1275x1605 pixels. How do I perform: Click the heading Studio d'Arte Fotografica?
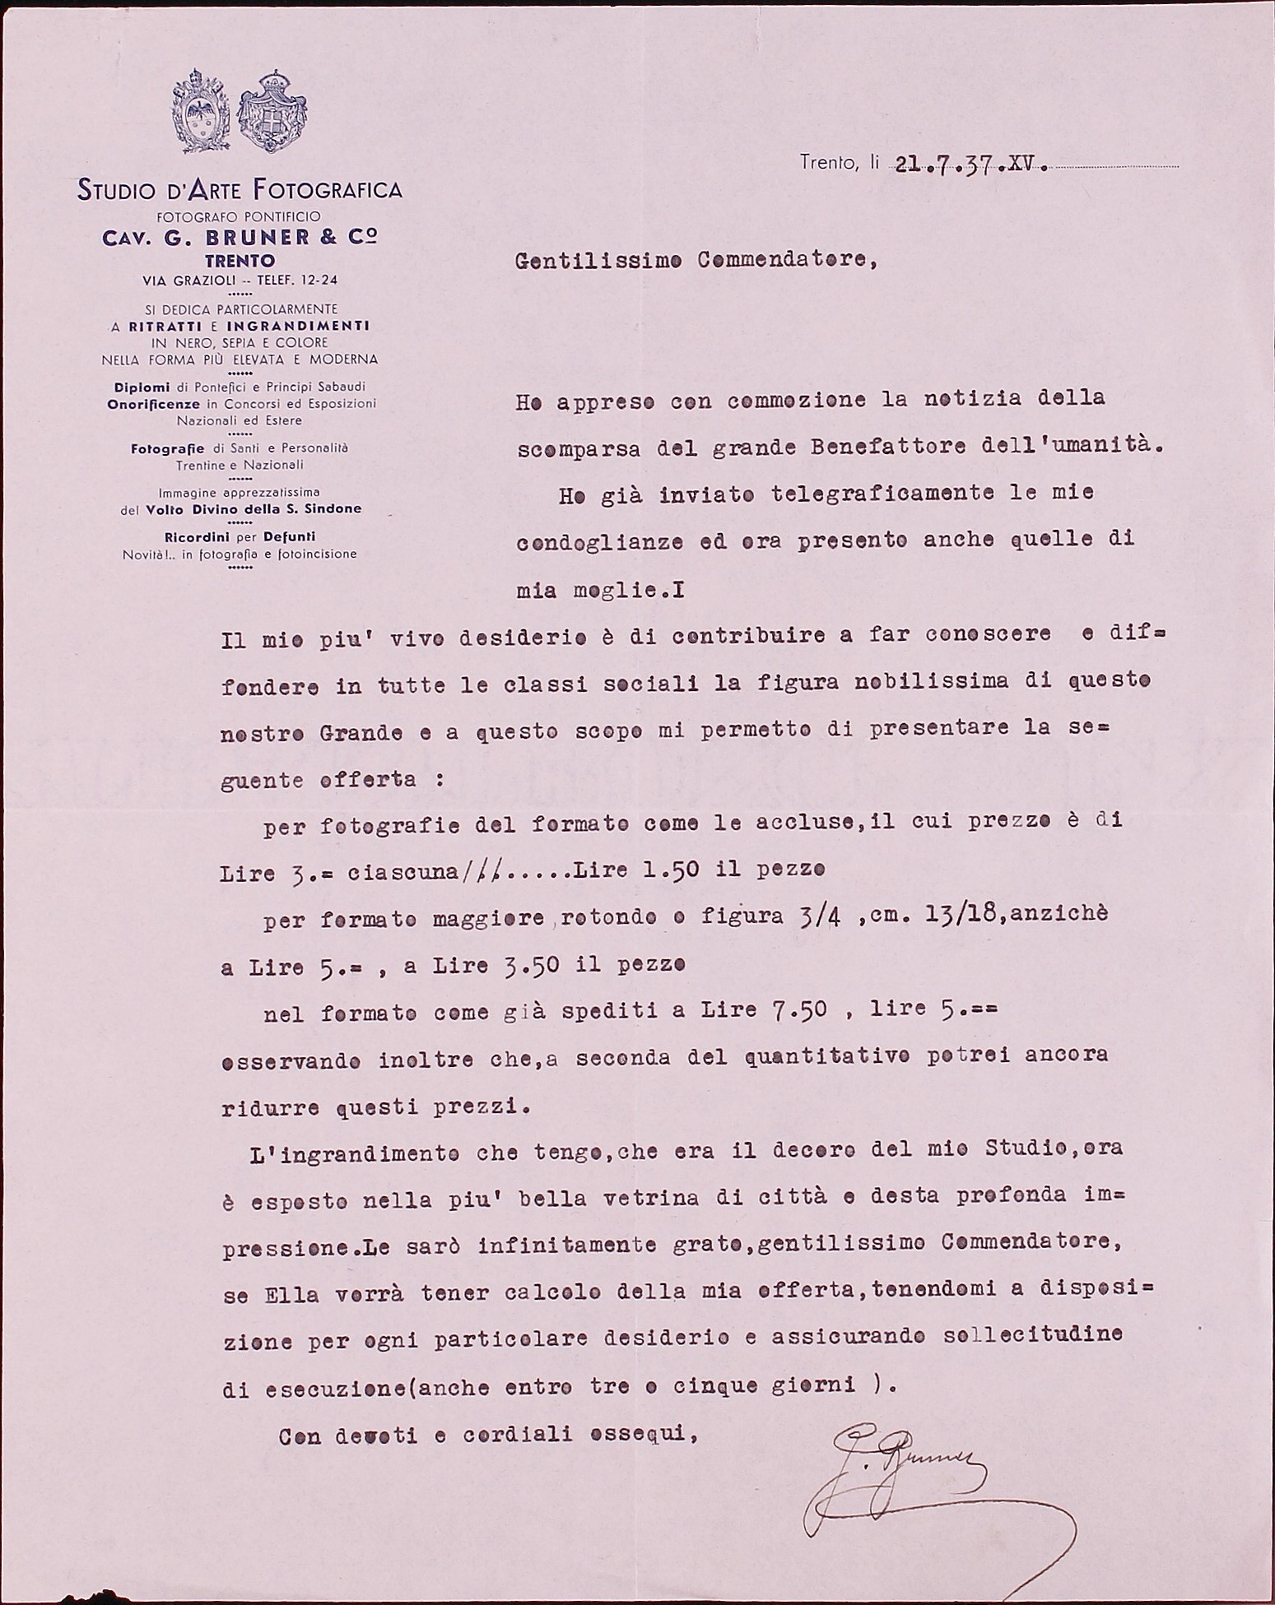click(x=240, y=191)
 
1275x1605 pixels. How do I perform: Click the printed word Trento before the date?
click(x=828, y=163)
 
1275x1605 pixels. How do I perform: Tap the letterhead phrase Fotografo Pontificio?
click(x=240, y=216)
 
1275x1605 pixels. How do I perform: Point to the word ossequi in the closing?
click(x=650, y=1436)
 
